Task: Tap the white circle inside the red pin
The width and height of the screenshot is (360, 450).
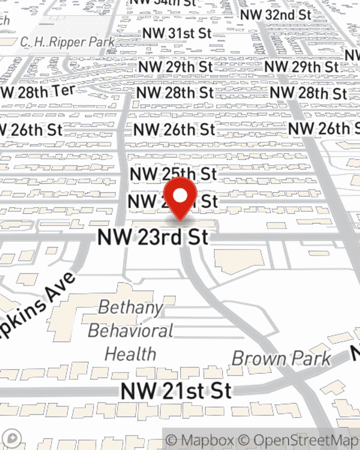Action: (x=180, y=195)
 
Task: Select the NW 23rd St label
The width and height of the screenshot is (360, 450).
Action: (x=153, y=237)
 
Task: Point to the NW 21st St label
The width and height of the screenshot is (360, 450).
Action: (x=176, y=391)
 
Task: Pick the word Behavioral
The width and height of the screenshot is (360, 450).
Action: (x=131, y=331)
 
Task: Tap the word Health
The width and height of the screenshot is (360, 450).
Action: (x=130, y=354)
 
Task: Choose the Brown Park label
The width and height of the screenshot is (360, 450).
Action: (x=281, y=359)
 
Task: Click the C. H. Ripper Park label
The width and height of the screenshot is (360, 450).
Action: (x=67, y=42)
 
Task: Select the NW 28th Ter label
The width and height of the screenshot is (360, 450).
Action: (x=38, y=92)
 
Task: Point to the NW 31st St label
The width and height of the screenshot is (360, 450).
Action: (x=177, y=33)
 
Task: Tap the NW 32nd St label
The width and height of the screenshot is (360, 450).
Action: (x=275, y=15)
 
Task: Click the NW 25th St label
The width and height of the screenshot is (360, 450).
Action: (x=174, y=174)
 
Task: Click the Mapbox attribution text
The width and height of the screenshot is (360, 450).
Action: (x=200, y=440)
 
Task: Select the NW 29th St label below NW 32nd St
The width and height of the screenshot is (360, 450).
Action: (x=301, y=67)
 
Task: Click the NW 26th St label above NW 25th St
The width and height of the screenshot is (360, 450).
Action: (x=174, y=130)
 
